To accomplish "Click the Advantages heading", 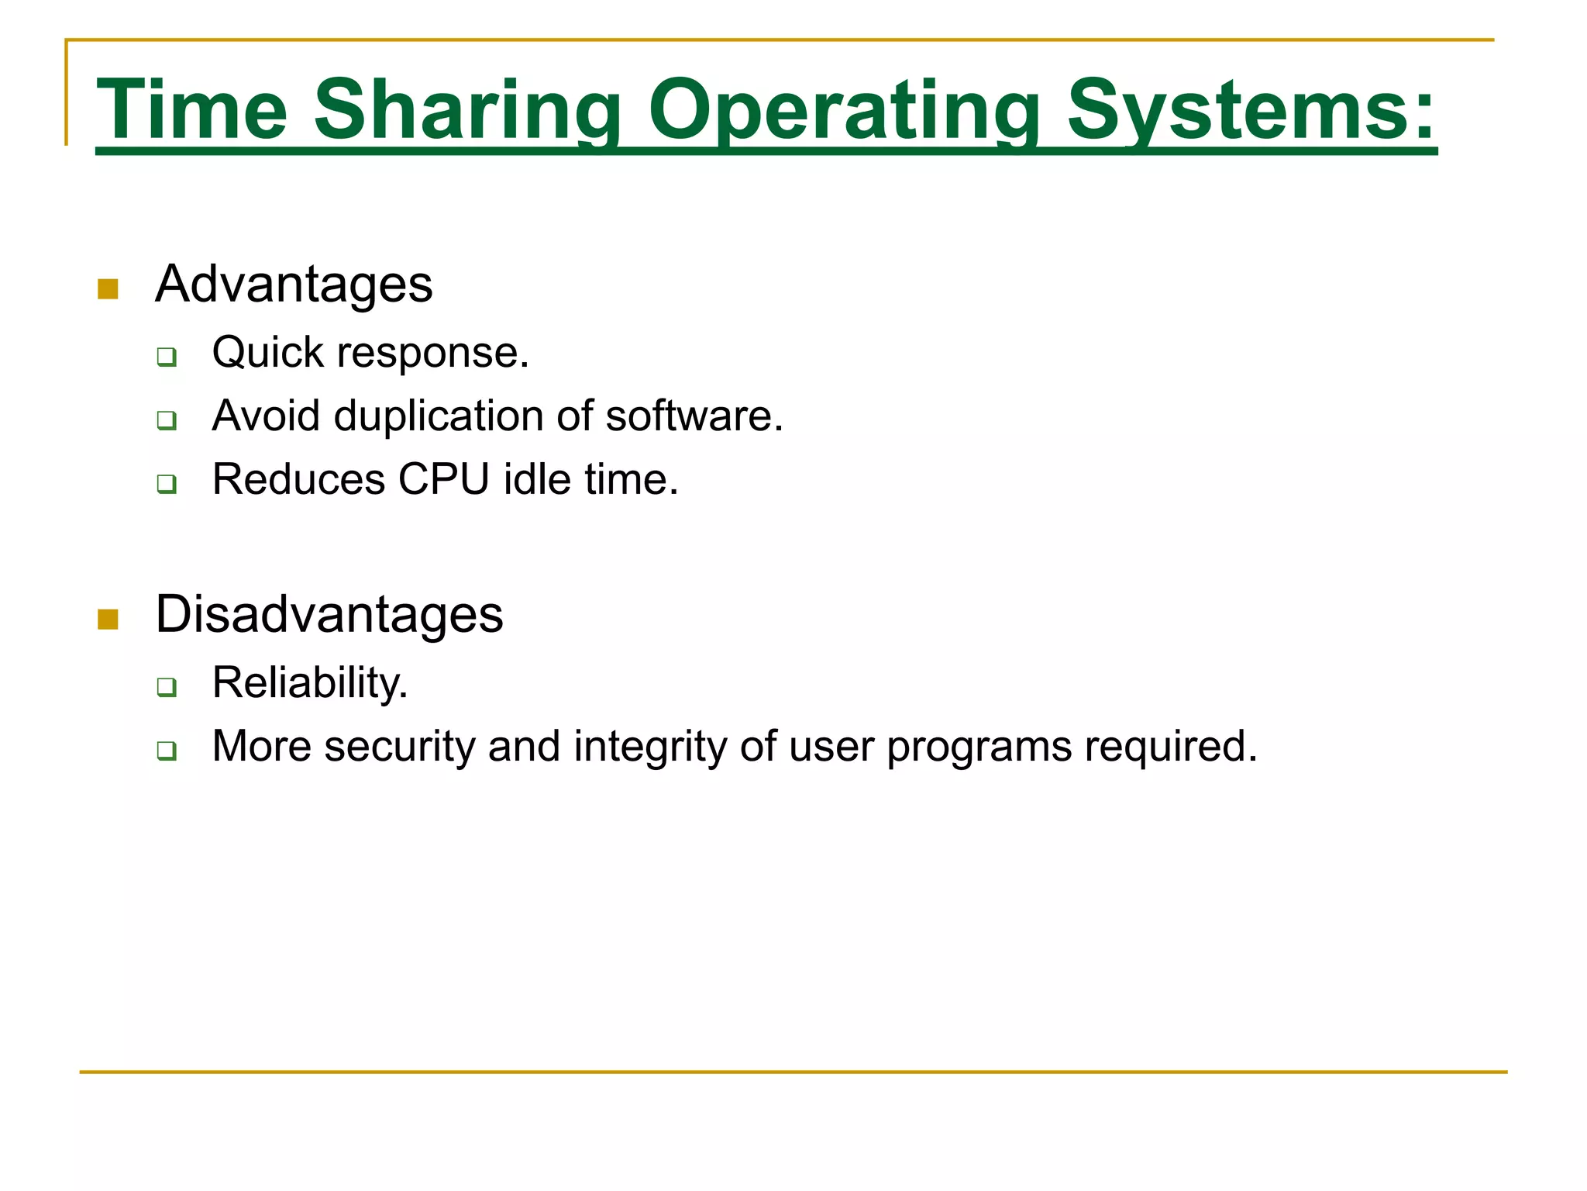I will click(x=294, y=285).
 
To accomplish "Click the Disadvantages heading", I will click(x=329, y=614).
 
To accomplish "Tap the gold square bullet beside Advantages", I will click(x=108, y=289).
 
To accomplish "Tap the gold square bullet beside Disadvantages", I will click(x=108, y=620).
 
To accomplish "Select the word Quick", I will click(x=268, y=353).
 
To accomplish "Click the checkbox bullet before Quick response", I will click(x=167, y=357).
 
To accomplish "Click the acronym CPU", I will click(x=443, y=480).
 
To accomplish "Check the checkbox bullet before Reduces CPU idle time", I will click(x=167, y=485).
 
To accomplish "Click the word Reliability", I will click(x=309, y=683).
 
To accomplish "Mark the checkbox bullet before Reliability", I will click(x=167, y=688).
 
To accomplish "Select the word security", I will click(x=399, y=747).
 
